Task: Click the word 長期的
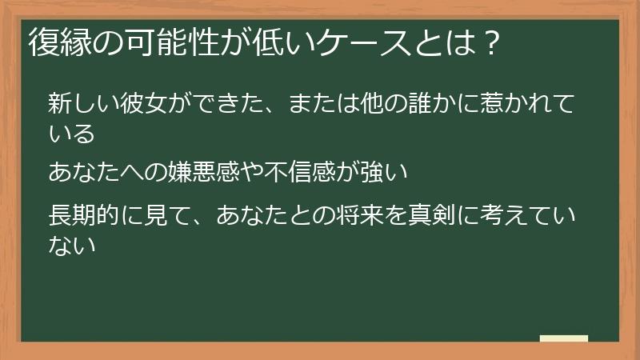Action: coord(84,215)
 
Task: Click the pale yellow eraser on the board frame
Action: coord(564,338)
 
